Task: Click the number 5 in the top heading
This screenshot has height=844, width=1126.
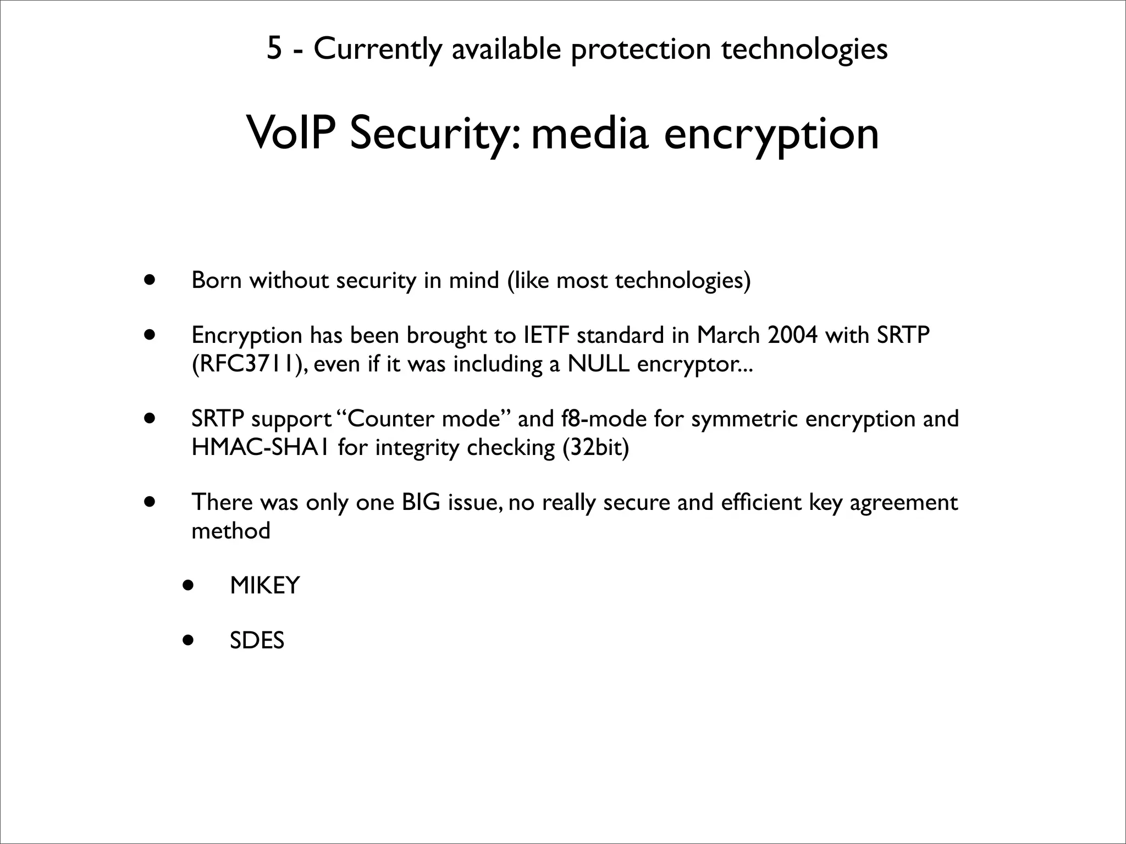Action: coord(274,48)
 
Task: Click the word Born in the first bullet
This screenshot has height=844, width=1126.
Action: coord(217,280)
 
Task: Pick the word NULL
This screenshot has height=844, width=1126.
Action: coord(598,364)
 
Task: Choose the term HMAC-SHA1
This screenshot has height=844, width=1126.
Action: coord(261,447)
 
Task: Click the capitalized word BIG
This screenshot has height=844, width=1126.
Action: coord(421,502)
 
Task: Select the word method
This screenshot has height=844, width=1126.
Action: coord(231,531)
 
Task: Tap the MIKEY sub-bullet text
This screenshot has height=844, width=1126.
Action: coord(264,586)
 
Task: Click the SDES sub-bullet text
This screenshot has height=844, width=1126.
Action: coord(257,641)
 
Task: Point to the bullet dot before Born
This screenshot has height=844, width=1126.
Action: coord(148,280)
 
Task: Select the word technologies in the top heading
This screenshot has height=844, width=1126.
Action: coord(804,48)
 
